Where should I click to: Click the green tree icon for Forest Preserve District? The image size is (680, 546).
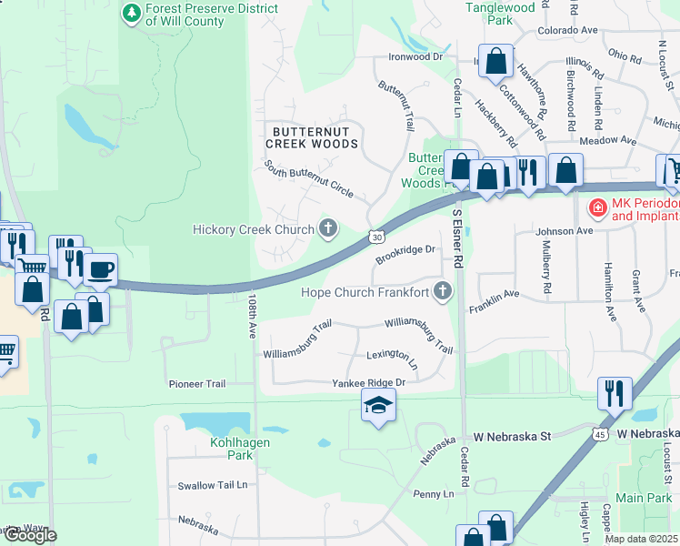pyautogui.click(x=133, y=13)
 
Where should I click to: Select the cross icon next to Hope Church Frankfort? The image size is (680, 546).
pyautogui.click(x=443, y=292)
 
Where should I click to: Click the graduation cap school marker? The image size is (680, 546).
pyautogui.click(x=379, y=406)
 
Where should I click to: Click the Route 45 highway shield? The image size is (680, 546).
pyautogui.click(x=600, y=434)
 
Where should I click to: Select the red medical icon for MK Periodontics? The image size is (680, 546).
pyautogui.click(x=598, y=208)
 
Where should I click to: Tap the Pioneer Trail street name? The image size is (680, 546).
pyautogui.click(x=196, y=384)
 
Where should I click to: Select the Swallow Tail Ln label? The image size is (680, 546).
pyautogui.click(x=213, y=486)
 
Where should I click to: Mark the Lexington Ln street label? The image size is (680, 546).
pyautogui.click(x=392, y=358)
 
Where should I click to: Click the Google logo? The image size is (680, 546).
pyautogui.click(x=29, y=535)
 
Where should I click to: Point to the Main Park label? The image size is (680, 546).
pyautogui.click(x=643, y=498)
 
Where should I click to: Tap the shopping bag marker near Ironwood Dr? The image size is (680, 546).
pyautogui.click(x=496, y=62)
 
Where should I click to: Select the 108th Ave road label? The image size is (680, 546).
pyautogui.click(x=252, y=315)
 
